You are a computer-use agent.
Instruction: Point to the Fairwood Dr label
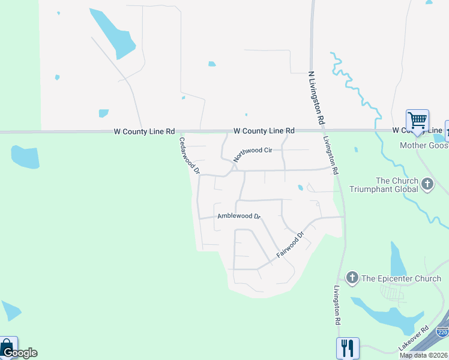(291, 245)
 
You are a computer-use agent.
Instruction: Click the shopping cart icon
(417, 119)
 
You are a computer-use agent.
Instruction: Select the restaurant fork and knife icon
(347, 347)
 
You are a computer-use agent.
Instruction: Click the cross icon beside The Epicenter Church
(352, 278)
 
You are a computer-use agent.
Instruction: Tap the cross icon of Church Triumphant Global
(427, 184)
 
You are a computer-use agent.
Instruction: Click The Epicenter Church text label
(401, 278)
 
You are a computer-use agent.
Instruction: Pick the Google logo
(20, 353)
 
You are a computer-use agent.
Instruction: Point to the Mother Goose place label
(424, 146)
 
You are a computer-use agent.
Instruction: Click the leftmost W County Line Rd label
(144, 131)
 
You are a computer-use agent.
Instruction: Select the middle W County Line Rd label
(264, 130)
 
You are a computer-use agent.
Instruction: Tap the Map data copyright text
(424, 356)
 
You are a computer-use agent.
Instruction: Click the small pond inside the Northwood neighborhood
(300, 188)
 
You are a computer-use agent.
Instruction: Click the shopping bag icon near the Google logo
(8, 346)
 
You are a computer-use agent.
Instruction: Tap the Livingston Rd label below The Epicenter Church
(338, 305)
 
